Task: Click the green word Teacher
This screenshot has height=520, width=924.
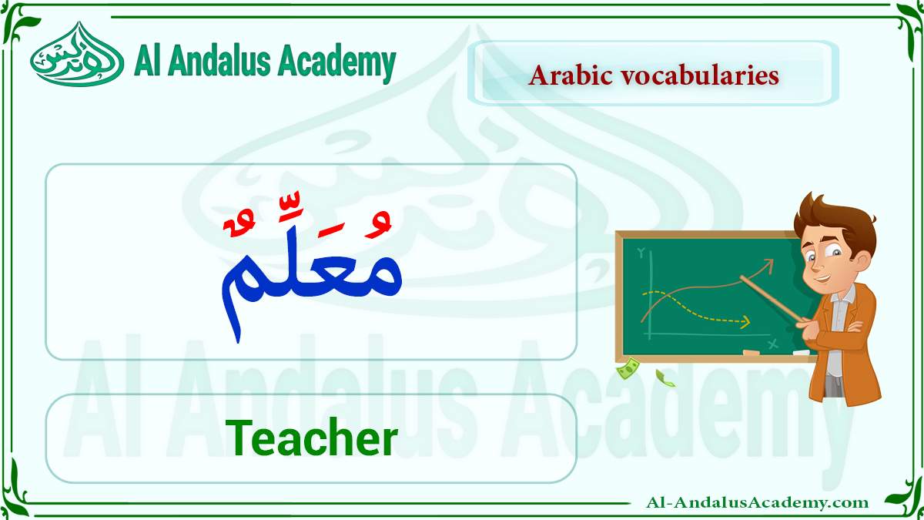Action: click(311, 438)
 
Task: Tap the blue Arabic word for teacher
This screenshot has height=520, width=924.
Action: click(311, 289)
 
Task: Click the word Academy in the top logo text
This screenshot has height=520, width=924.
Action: click(337, 63)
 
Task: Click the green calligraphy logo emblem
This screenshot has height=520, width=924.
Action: click(77, 55)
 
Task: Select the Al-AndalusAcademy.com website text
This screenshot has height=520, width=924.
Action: click(757, 502)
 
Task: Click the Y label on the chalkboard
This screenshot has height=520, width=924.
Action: click(641, 252)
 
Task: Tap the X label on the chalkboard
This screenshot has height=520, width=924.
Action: click(773, 343)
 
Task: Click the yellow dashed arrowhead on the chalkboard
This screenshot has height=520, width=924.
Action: click(745, 321)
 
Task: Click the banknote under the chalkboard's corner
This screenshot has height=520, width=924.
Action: click(628, 368)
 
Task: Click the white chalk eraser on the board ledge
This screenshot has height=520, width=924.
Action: click(802, 352)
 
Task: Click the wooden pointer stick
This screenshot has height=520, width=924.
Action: click(772, 299)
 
